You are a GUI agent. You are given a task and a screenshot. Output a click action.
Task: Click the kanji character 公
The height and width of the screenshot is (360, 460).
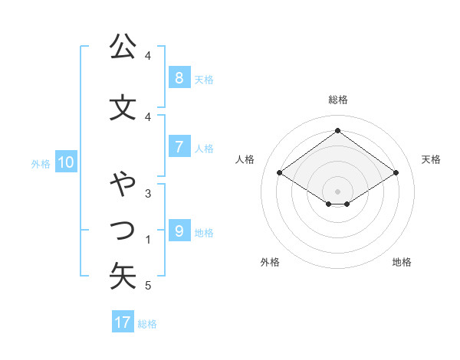[x=123, y=47]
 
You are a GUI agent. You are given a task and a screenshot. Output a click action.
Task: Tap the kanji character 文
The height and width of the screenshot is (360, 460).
[x=123, y=107]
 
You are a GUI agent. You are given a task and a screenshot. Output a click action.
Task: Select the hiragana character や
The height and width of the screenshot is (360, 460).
[x=123, y=185]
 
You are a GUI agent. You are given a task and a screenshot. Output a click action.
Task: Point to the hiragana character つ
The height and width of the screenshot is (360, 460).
[x=123, y=229]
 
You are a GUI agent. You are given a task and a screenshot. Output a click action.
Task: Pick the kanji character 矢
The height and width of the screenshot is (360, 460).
[x=123, y=276]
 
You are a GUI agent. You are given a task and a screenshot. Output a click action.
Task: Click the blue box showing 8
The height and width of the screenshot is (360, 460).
[x=179, y=77]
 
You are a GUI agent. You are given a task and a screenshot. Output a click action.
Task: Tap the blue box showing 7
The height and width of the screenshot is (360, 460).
[x=179, y=146]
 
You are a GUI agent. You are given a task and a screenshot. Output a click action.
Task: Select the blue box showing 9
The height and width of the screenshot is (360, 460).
[x=179, y=231]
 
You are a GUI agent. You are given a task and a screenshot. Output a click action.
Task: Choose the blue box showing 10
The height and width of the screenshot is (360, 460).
[x=65, y=162]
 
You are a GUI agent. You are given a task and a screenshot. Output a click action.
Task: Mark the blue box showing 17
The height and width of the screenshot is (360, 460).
[x=123, y=322]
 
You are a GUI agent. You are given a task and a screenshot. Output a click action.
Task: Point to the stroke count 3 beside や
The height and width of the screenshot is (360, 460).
[x=148, y=194]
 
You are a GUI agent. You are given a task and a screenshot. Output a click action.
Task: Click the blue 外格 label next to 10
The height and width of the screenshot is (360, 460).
[x=40, y=163]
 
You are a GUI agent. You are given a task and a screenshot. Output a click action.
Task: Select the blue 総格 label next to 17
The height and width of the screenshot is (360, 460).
[x=147, y=323]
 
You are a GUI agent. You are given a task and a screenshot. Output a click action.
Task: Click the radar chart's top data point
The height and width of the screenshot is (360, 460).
[x=337, y=130]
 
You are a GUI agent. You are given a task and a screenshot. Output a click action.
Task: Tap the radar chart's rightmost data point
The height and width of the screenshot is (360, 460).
[x=396, y=173]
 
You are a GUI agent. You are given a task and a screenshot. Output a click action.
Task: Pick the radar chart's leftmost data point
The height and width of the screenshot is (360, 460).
[x=280, y=173]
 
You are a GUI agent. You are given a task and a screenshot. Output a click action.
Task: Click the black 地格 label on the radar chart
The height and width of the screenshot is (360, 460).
[x=402, y=262]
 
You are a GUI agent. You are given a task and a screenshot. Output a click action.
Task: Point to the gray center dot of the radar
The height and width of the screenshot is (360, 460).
[x=337, y=191]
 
